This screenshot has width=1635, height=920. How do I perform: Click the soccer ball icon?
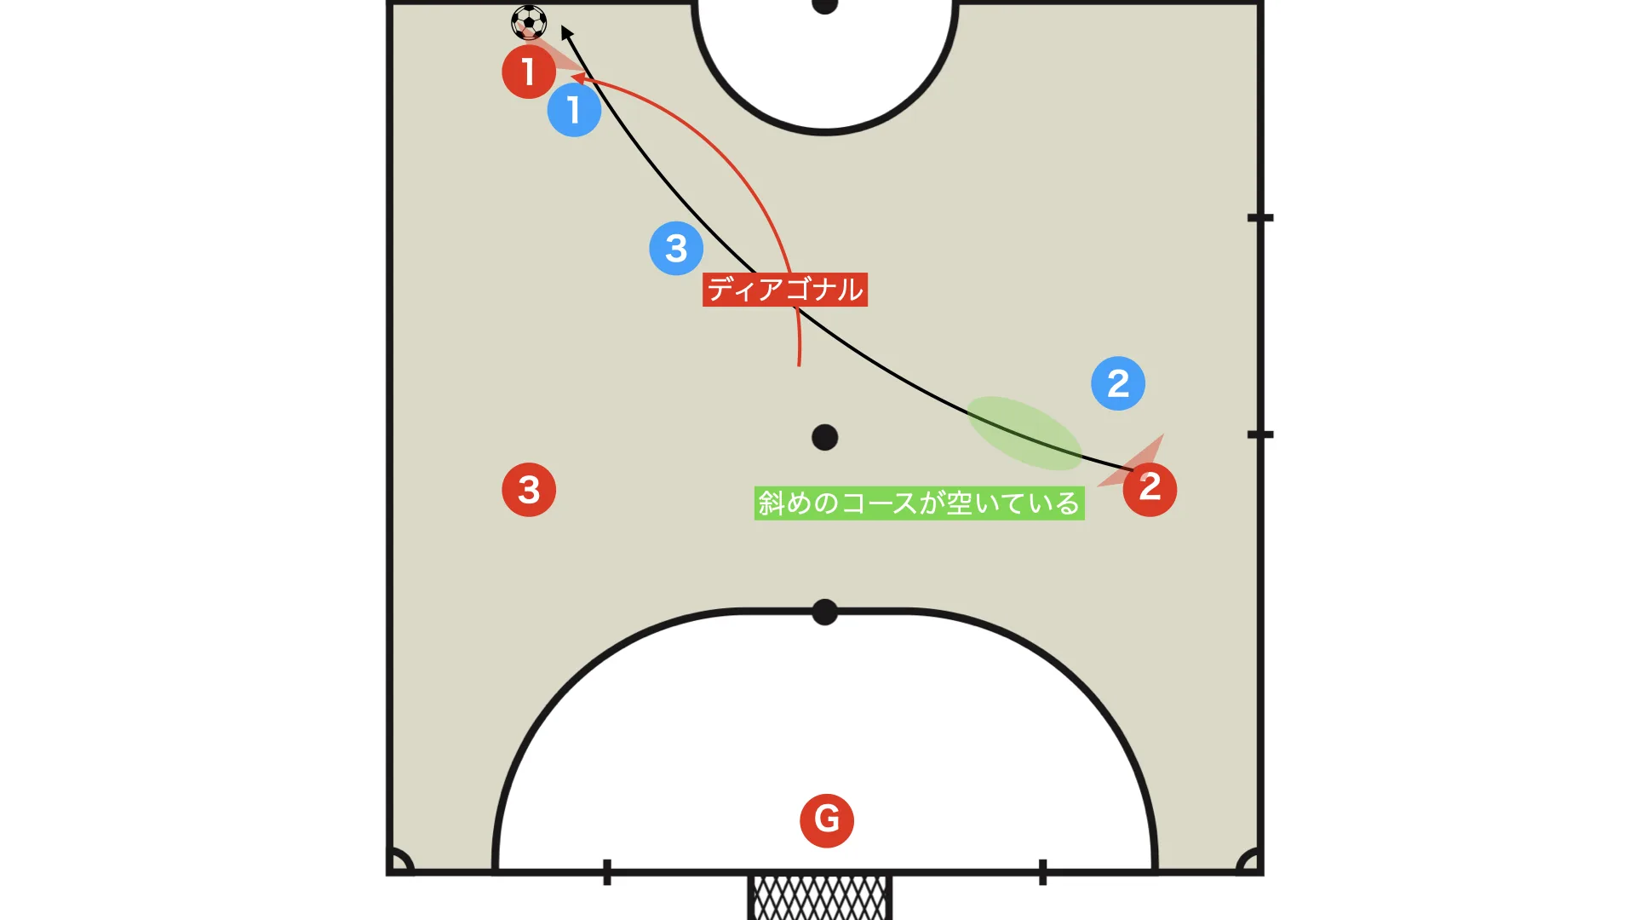pyautogui.click(x=529, y=23)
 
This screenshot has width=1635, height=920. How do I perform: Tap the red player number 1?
pyautogui.click(x=529, y=72)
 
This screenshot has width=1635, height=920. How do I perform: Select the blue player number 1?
pyautogui.click(x=574, y=110)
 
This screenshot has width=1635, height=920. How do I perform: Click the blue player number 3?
pyautogui.click(x=676, y=248)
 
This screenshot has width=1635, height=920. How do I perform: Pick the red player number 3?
pyautogui.click(x=529, y=490)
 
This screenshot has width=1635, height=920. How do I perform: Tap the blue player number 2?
pyautogui.click(x=1118, y=383)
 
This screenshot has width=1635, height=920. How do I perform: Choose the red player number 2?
pyautogui.click(x=1150, y=489)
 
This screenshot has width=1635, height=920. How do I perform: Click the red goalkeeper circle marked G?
pyautogui.click(x=827, y=820)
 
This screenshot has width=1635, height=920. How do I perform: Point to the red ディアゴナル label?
pyautogui.click(x=785, y=290)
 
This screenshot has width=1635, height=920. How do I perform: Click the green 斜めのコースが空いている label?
pyautogui.click(x=920, y=503)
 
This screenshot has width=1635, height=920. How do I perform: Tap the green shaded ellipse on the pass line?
pyautogui.click(x=1024, y=433)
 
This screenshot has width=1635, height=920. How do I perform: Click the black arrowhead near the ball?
pyautogui.click(x=566, y=33)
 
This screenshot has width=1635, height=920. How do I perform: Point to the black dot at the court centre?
pyautogui.click(x=824, y=438)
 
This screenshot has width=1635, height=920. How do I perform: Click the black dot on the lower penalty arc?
pyautogui.click(x=824, y=612)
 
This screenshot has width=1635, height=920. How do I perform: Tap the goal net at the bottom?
pyautogui.click(x=820, y=898)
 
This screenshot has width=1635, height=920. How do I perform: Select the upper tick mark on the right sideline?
pyautogui.click(x=1260, y=218)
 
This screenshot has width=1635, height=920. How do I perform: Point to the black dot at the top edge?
pyautogui.click(x=824, y=5)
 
